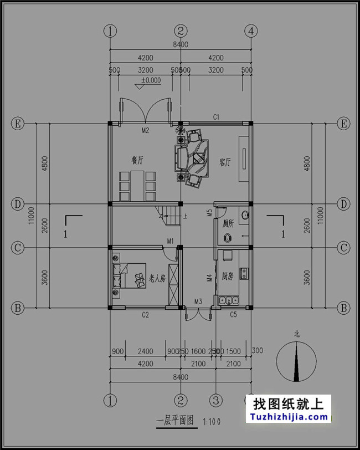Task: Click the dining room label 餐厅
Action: pyautogui.click(x=137, y=160)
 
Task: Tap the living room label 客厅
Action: pyautogui.click(x=225, y=162)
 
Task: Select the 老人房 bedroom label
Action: pyautogui.click(x=157, y=279)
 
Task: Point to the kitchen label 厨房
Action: pyautogui.click(x=228, y=275)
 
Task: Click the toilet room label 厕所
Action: pyautogui.click(x=228, y=224)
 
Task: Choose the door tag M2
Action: pyautogui.click(x=146, y=131)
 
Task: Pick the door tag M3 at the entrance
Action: pyautogui.click(x=198, y=301)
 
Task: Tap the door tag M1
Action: pyautogui.click(x=171, y=241)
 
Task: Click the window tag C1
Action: pyautogui.click(x=217, y=116)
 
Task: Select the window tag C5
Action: pyautogui.click(x=234, y=315)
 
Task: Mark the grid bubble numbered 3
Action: pyautogui.click(x=216, y=400)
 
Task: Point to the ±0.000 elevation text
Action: pyautogui.click(x=151, y=80)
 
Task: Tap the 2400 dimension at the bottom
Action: pyautogui.click(x=145, y=351)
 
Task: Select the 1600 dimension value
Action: pyautogui.click(x=198, y=351)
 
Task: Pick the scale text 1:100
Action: pyautogui.click(x=212, y=421)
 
